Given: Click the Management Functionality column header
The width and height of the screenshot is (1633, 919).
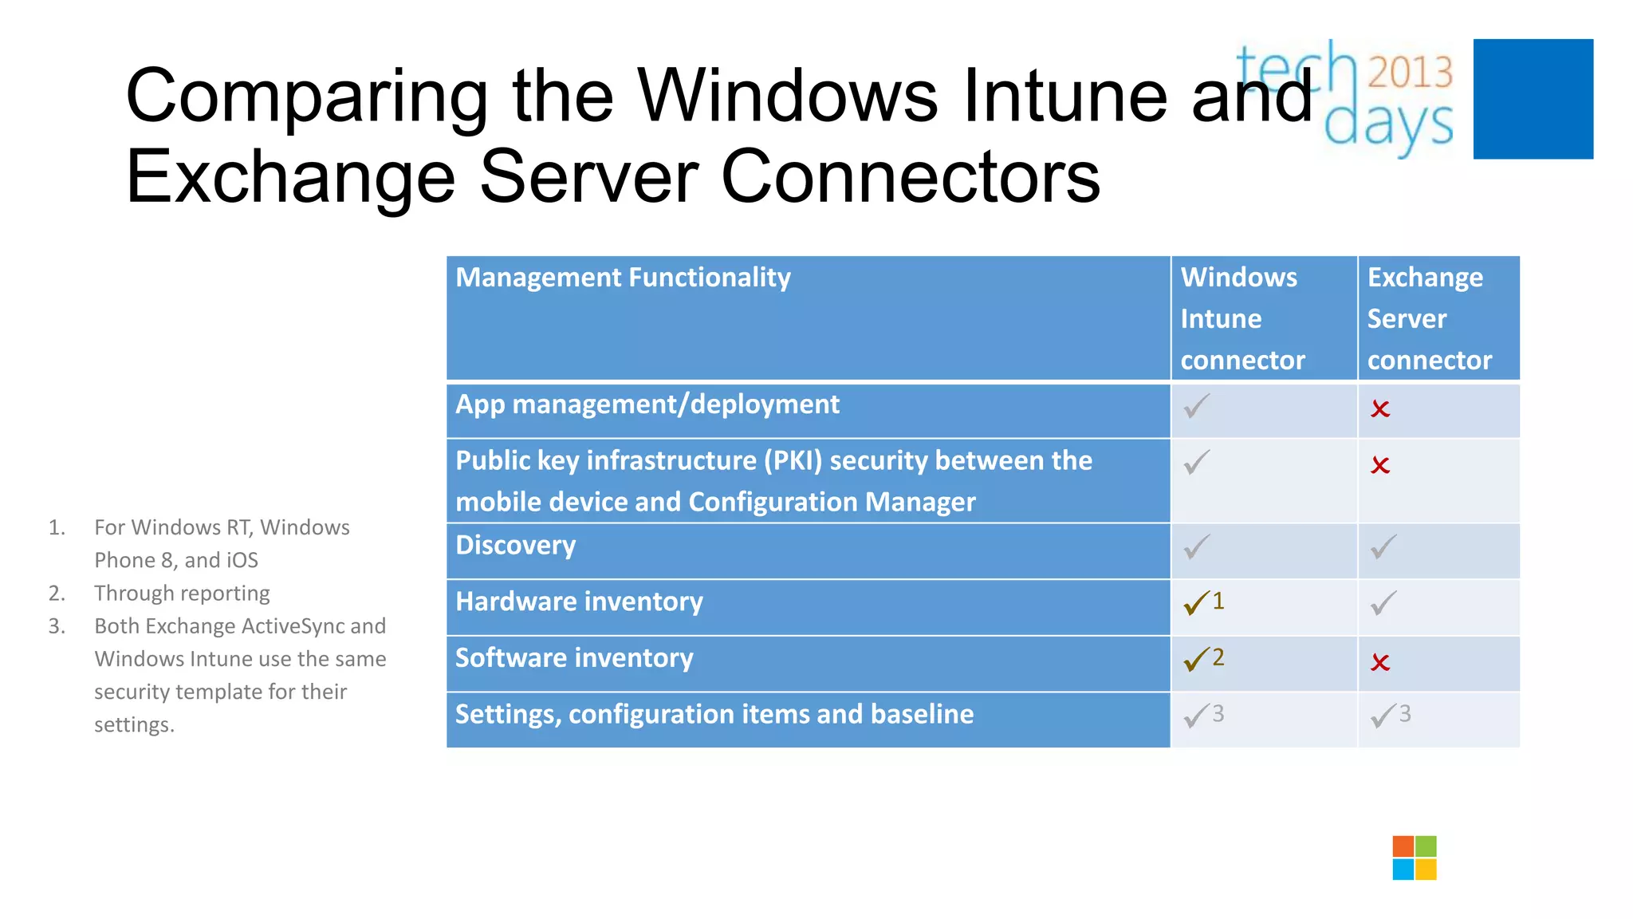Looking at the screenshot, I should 623,278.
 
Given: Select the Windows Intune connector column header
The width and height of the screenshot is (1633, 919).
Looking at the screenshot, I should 1242,318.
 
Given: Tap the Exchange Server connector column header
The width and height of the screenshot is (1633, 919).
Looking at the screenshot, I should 1429,318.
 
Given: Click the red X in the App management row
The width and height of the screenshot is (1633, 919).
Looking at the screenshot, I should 1380,409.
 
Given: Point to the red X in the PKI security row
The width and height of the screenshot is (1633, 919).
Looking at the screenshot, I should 1380,465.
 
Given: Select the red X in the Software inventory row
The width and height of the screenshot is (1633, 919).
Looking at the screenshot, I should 1380,662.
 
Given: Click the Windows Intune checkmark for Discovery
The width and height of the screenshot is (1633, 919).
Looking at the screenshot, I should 1197,547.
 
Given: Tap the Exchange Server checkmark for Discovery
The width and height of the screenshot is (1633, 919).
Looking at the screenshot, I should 1383,547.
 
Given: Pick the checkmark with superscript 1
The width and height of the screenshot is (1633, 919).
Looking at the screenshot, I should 1198,603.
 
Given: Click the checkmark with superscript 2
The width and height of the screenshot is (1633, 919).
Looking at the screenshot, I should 1198,659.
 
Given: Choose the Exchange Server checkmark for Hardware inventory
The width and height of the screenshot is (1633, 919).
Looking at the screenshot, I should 1383,603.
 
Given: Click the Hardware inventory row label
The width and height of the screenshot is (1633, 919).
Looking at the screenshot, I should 579,601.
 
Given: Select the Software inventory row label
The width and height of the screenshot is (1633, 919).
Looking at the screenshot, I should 574,658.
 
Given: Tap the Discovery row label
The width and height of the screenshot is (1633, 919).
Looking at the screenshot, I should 515,546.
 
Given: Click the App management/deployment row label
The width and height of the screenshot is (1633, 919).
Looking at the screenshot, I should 647,404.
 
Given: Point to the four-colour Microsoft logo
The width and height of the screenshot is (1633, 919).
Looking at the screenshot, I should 1415,858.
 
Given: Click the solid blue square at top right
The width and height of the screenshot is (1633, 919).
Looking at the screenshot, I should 1533,99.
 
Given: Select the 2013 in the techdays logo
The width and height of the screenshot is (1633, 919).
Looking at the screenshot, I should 1410,73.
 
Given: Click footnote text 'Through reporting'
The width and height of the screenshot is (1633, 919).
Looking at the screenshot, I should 182,594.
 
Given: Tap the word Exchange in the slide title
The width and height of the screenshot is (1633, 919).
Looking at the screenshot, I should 290,177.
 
